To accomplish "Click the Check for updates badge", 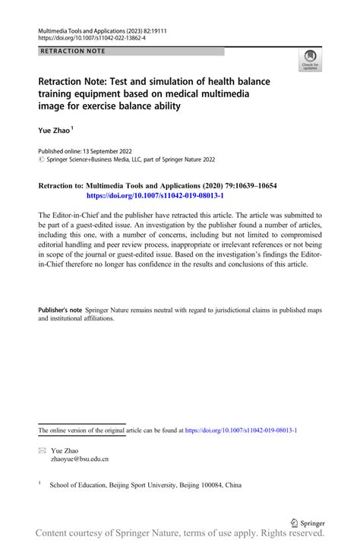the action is pos(311,59).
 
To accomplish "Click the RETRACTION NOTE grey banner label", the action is pos(71,51).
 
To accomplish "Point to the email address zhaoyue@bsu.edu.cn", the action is pos(80,459).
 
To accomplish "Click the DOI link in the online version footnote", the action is pos(241,431).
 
